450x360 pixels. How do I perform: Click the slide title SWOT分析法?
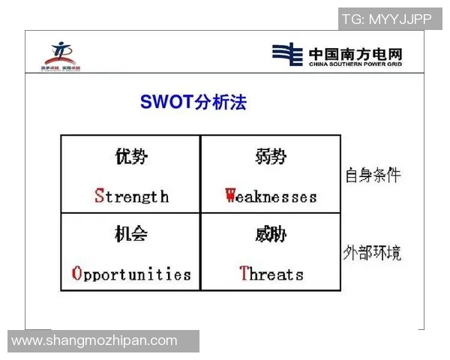point(193,102)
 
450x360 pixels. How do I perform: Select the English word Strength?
point(131,196)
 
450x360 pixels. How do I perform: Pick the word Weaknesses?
point(271,196)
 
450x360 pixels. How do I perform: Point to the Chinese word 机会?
point(131,234)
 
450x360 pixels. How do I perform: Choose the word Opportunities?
point(131,274)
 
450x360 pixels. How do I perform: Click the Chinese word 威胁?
point(271,234)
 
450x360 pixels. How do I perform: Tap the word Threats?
point(271,274)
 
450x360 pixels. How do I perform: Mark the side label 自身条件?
point(373,175)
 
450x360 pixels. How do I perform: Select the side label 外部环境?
point(373,252)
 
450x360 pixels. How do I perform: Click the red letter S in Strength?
point(99,196)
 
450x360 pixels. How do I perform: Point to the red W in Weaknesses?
point(231,196)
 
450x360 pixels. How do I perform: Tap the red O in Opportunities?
point(76,274)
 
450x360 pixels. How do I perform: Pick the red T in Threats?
point(244,274)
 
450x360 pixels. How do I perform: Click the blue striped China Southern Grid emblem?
point(287,55)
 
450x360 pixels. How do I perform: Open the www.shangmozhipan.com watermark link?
point(94,341)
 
